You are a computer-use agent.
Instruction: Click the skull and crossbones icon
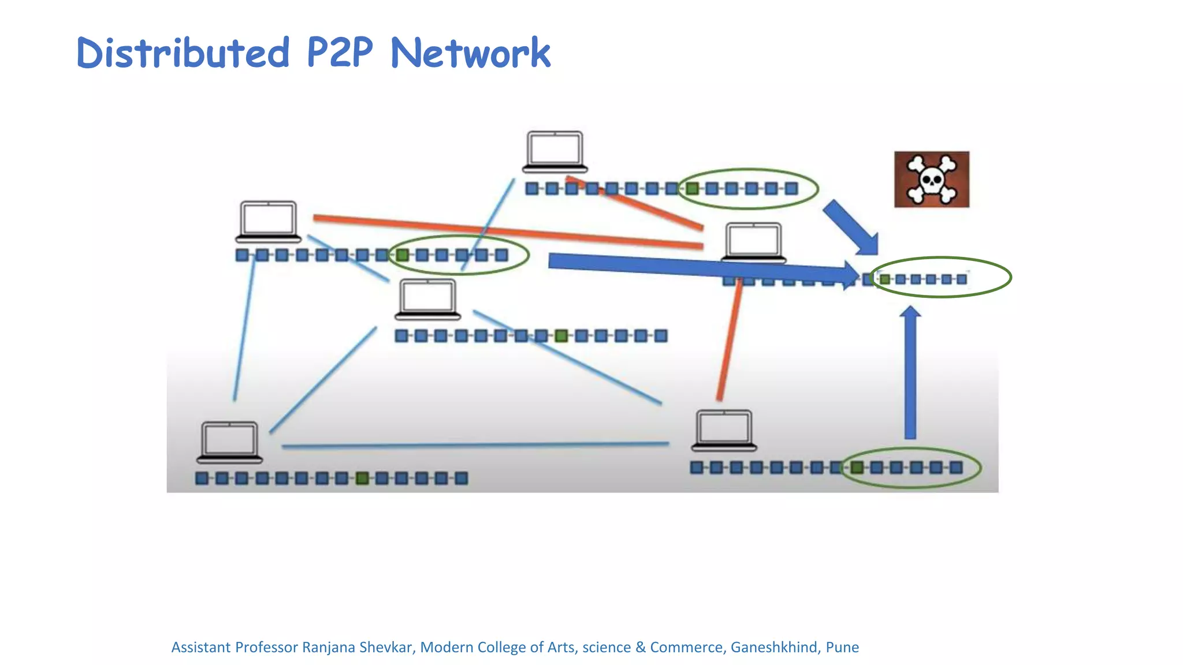(931, 180)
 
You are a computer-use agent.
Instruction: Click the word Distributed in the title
(183, 53)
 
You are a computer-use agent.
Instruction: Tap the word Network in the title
(470, 53)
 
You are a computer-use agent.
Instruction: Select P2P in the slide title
(340, 53)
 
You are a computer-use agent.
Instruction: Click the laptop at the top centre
(555, 152)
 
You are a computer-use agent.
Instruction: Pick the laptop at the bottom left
(229, 442)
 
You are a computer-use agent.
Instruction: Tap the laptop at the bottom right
(724, 431)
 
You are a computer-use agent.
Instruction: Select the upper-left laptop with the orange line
(268, 222)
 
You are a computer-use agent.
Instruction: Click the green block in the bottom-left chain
(362, 478)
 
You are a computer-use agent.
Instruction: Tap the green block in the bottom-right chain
(857, 467)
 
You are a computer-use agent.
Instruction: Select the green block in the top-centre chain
(692, 188)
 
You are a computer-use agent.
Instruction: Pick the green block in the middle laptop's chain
(561, 336)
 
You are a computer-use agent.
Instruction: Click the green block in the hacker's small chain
(884, 279)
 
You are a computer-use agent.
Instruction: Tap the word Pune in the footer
(842, 647)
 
